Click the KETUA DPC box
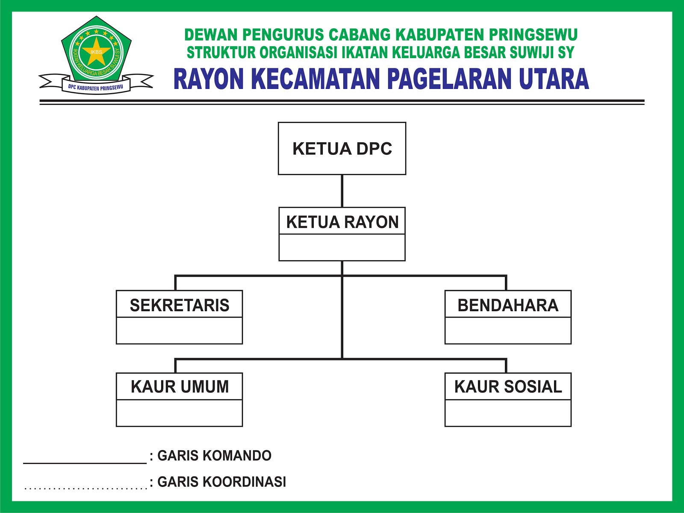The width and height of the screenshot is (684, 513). [x=342, y=148]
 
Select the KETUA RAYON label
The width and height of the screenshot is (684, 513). [x=342, y=222]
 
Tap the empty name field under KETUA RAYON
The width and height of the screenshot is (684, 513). [x=342, y=248]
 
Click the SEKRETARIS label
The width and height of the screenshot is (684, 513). [x=180, y=305]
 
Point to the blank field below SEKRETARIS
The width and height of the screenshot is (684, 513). [x=180, y=330]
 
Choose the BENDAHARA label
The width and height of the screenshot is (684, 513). [x=508, y=305]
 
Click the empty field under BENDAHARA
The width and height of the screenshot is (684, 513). [x=508, y=330]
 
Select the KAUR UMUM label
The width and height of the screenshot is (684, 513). [x=180, y=386]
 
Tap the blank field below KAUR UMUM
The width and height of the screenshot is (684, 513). [x=180, y=413]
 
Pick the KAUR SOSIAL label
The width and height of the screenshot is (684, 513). [x=508, y=386]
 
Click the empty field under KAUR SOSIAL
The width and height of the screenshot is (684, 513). [x=508, y=413]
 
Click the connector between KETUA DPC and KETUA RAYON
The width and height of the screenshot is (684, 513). [x=342, y=191]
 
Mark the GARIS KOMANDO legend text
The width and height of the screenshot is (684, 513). [x=214, y=456]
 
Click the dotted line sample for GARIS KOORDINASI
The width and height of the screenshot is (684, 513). [x=85, y=488]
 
